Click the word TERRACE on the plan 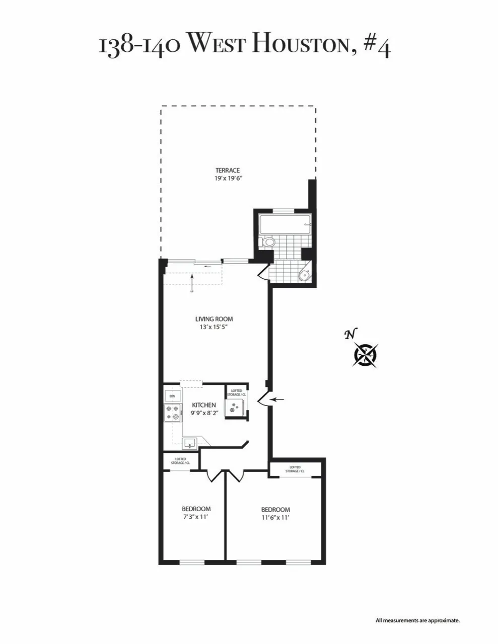228,170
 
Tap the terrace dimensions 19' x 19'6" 228,178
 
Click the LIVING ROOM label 214,319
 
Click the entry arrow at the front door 276,400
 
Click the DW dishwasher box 172,396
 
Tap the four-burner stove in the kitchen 172,413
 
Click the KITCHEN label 204,405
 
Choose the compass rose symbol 366,354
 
